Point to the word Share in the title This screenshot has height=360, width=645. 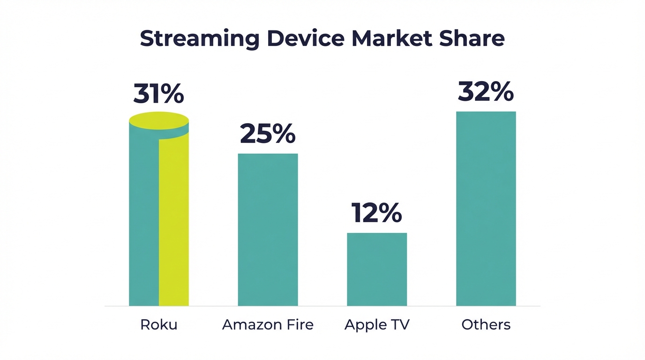(x=472, y=38)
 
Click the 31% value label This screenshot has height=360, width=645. (x=158, y=94)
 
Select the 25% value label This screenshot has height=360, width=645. (x=268, y=134)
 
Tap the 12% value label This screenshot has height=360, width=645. (x=376, y=213)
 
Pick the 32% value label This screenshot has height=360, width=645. (x=486, y=91)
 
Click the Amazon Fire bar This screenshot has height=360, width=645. (x=268, y=230)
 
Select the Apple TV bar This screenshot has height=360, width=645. (x=377, y=270)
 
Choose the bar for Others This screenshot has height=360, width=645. (x=486, y=209)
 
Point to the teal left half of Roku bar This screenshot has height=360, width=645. (x=143, y=220)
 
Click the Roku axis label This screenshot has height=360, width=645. (x=158, y=325)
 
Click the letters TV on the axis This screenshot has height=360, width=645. (x=399, y=325)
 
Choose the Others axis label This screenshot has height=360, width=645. (x=486, y=325)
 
